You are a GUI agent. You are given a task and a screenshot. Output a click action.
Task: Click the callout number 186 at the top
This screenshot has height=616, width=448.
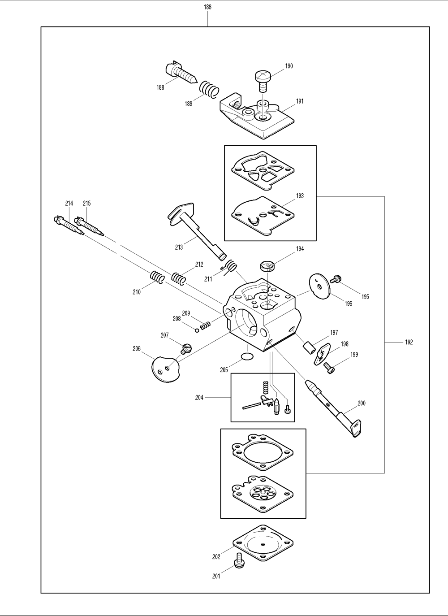click(x=207, y=7)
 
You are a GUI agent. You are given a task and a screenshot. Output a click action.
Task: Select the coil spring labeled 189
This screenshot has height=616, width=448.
click(x=209, y=89)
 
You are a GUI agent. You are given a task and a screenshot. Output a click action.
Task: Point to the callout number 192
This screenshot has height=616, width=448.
click(x=409, y=342)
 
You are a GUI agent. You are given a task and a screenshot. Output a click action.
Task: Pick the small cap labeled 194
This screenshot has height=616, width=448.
click(x=267, y=266)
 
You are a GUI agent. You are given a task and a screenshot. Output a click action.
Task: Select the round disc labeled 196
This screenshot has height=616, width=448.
click(x=319, y=286)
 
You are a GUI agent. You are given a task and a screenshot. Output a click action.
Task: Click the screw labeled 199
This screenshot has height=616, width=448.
click(x=328, y=368)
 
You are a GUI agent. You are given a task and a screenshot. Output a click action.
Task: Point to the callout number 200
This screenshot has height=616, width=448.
click(x=362, y=403)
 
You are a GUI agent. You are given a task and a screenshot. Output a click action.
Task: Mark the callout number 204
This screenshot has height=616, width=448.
click(x=199, y=397)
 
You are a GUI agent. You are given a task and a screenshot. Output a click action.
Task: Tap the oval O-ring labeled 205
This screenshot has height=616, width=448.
click(x=247, y=357)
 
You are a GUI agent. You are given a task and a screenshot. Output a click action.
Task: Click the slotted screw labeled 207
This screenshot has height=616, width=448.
click(x=186, y=349)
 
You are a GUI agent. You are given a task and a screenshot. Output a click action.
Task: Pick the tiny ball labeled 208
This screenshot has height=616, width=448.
click(x=197, y=330)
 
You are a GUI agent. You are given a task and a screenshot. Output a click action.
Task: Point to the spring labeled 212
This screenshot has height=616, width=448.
click(x=179, y=279)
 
